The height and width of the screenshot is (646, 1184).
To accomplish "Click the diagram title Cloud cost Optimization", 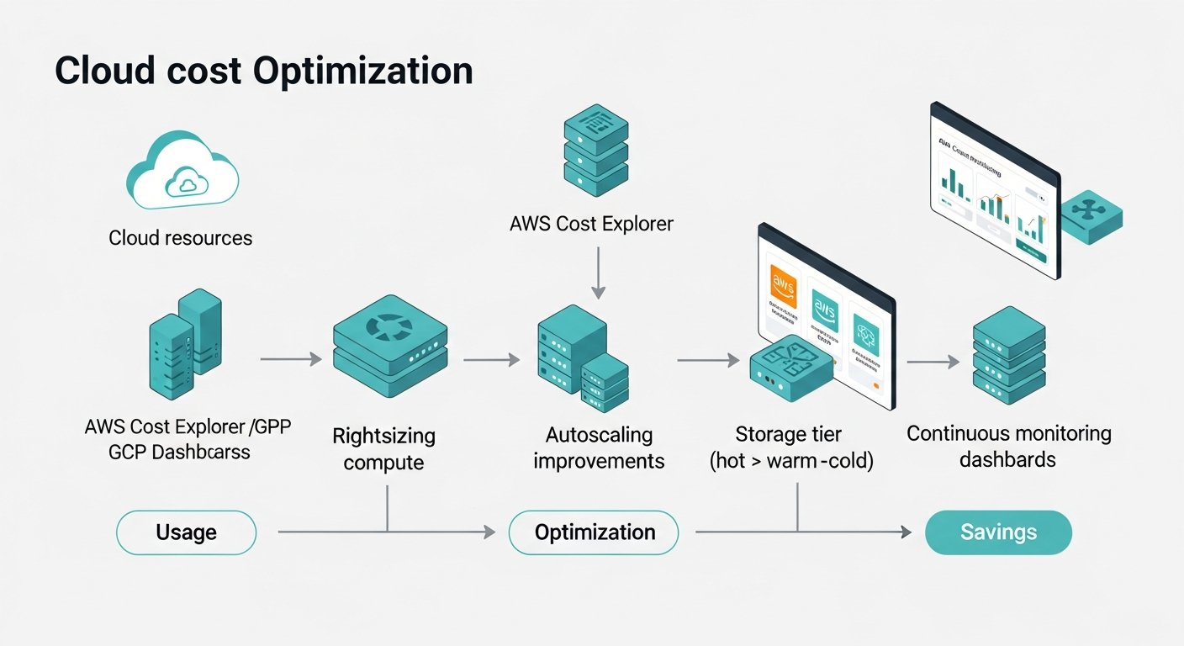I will [263, 71].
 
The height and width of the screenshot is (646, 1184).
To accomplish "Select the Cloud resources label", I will [180, 238].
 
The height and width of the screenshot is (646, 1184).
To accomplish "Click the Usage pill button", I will [186, 532].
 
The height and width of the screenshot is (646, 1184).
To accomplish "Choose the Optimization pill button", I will [594, 532].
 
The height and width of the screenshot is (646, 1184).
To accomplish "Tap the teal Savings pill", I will [998, 532].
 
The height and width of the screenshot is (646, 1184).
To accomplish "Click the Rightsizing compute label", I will [383, 449].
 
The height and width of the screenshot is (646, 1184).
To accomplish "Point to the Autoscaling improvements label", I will [599, 447].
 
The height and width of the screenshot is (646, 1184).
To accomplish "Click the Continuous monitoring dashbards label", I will [1008, 447].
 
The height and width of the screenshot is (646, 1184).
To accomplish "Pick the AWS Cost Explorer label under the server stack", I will [591, 225].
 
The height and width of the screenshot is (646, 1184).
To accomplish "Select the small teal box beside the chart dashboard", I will [1091, 216].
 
